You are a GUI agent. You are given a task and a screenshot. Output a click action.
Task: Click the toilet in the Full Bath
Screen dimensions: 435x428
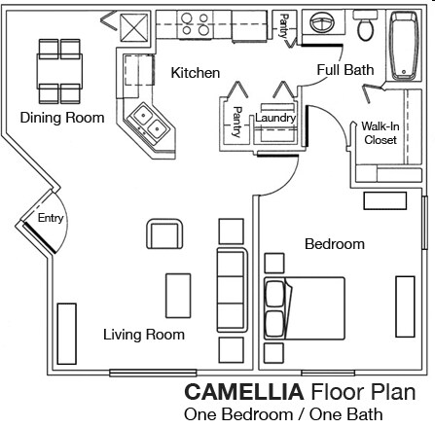(365, 25)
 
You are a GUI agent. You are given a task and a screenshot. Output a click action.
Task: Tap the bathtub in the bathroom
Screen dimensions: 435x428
(404, 46)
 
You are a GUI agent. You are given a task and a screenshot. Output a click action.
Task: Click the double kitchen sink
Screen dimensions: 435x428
(150, 124)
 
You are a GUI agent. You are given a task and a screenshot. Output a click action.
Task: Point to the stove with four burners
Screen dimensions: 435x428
(195, 24)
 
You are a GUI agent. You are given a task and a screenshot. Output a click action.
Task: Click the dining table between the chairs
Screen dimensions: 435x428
(59, 71)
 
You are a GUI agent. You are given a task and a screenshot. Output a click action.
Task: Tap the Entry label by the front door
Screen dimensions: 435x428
(51, 218)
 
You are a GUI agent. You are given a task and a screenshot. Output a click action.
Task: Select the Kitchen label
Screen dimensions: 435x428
(196, 73)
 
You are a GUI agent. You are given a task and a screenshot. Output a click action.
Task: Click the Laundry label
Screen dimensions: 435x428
(275, 118)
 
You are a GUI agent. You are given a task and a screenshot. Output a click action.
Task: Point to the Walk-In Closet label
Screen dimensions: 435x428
(381, 133)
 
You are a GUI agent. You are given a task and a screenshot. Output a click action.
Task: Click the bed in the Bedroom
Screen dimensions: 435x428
(305, 308)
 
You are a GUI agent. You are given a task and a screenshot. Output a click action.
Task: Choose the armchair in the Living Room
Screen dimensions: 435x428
(164, 233)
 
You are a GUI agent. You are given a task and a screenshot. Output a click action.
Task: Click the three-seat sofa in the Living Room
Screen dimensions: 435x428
(233, 289)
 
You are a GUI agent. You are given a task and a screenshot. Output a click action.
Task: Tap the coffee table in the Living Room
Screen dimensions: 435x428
(178, 296)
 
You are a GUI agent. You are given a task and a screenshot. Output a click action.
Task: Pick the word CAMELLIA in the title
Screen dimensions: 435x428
(244, 392)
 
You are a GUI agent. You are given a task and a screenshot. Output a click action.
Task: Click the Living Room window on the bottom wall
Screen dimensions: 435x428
(153, 373)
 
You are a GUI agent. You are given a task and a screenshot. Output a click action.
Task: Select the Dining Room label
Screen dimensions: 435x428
(62, 118)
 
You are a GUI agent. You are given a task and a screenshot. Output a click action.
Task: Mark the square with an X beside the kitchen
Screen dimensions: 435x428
(134, 28)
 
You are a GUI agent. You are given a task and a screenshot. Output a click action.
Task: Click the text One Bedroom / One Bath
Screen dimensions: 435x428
(283, 414)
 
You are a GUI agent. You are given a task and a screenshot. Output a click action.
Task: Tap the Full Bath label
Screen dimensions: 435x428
(345, 70)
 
